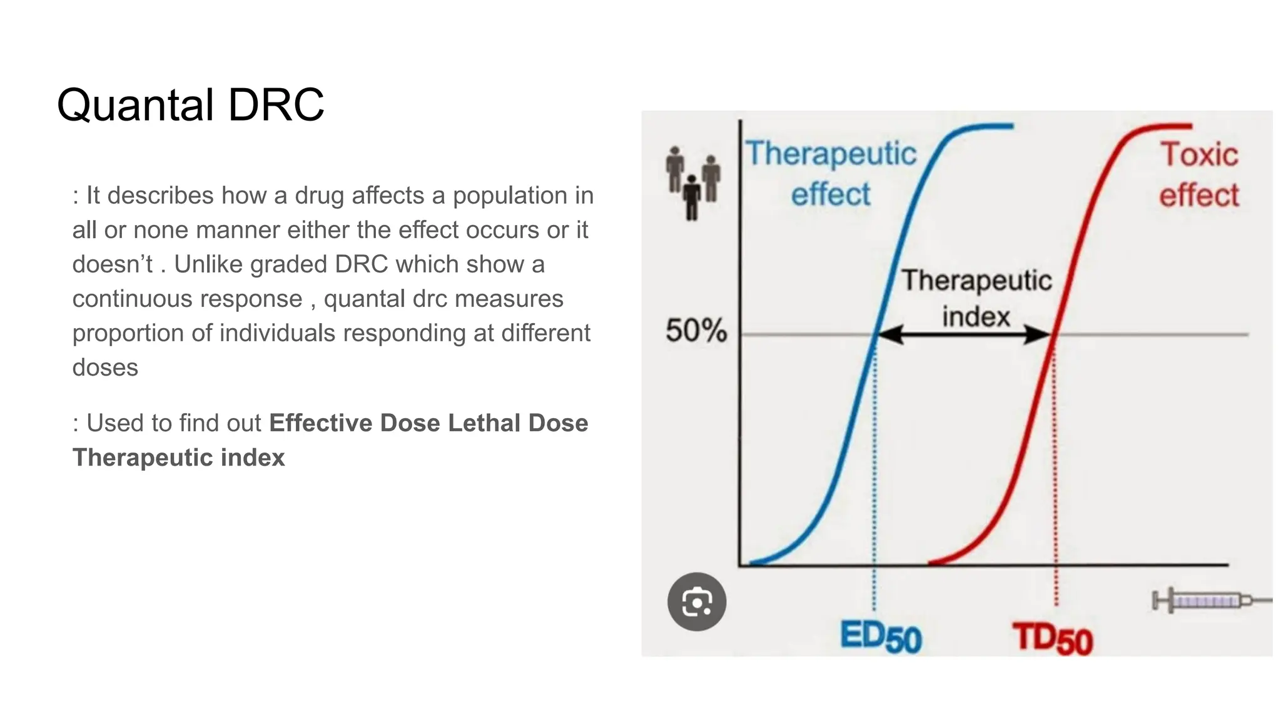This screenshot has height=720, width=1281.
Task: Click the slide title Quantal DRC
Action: pos(191,104)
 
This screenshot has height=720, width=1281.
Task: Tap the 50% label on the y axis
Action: pos(696,331)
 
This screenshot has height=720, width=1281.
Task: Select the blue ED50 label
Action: pos(881,637)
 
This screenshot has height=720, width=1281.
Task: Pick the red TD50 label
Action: pos(1053,639)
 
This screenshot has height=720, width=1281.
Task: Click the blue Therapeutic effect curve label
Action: pos(831,174)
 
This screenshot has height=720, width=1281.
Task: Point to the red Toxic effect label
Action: pos(1199,175)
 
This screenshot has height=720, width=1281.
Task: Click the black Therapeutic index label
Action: pos(976,298)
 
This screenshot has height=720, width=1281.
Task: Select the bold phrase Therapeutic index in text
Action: pos(179,457)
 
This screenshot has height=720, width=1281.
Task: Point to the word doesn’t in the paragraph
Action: pos(113,264)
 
